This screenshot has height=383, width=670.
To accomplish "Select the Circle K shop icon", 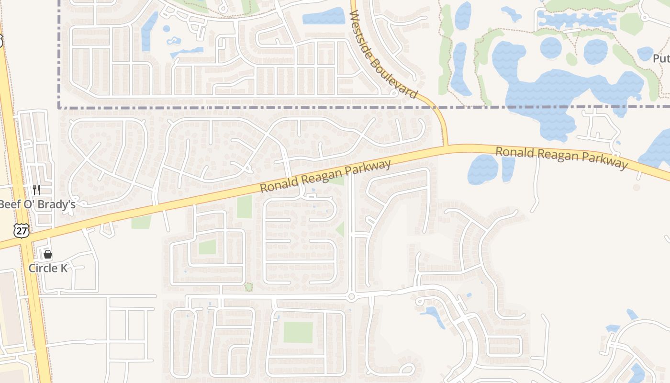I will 48,254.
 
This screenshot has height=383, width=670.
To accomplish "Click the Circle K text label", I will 48,268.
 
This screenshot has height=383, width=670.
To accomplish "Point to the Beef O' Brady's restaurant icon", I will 36,190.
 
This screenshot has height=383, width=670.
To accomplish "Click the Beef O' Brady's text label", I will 37,204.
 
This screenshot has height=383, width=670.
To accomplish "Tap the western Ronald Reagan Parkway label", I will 325,176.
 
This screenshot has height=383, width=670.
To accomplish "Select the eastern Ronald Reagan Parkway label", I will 561,158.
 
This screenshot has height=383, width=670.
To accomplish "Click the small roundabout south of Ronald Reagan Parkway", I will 351,297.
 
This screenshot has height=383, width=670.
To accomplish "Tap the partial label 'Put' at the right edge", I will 661,58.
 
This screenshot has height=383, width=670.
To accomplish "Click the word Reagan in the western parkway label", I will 322,178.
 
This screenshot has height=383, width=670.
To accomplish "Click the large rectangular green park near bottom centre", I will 298,332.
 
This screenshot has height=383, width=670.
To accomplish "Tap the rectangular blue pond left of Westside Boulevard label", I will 324,17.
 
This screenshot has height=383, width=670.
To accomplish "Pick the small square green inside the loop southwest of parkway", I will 207,247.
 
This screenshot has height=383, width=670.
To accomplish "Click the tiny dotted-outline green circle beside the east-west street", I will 248,287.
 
